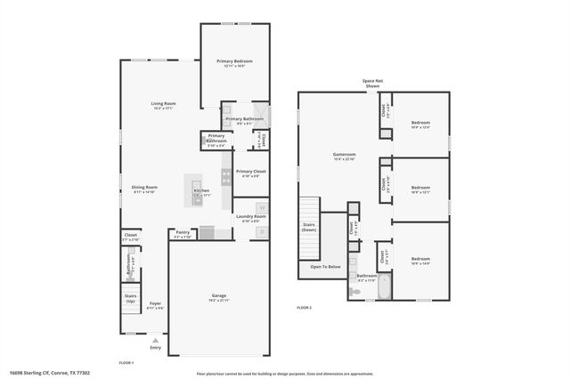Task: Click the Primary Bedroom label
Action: [x=235, y=61]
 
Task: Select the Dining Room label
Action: [x=145, y=187]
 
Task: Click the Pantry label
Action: [x=182, y=232]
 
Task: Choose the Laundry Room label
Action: [x=250, y=216]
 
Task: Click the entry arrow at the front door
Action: [x=156, y=339]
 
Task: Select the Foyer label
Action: [x=155, y=303]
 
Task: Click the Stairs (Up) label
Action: [x=130, y=297]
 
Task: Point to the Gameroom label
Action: [x=344, y=154]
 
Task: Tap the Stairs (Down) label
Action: [x=310, y=228]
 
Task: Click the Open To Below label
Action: [x=325, y=266]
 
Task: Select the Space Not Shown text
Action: [x=372, y=84]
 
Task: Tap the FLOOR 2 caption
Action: [x=304, y=308]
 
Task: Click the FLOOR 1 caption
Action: [x=126, y=363]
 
